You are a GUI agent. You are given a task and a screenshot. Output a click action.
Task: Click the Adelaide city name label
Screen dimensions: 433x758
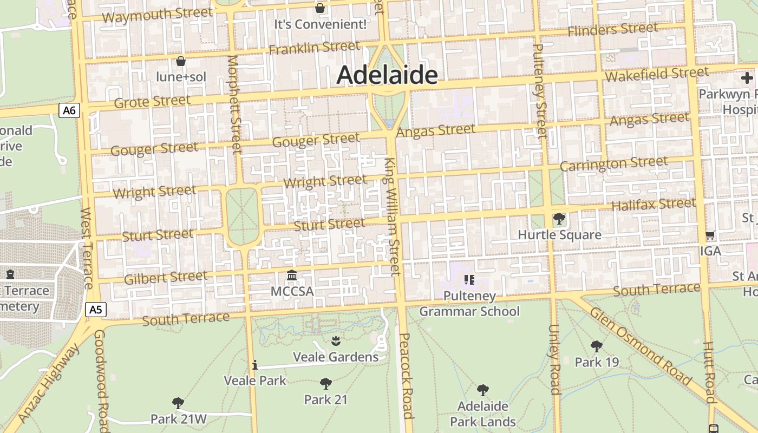tap(387, 75)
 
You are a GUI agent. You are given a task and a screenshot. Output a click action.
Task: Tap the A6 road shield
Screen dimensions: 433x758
tap(69, 111)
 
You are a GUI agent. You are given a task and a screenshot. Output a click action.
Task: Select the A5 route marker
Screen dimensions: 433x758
tap(96, 310)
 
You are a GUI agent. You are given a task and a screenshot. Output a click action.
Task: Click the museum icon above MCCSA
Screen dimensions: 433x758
tap(292, 275)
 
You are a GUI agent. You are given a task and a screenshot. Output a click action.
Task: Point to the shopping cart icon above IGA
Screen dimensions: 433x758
tap(710, 235)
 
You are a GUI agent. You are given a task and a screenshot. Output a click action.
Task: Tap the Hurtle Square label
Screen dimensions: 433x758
tap(559, 235)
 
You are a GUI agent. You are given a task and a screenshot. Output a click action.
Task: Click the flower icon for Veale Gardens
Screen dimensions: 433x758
tap(336, 340)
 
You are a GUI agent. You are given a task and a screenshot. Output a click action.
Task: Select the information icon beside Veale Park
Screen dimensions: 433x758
tap(254, 365)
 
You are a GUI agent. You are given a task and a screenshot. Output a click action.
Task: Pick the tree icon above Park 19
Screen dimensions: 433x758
tap(597, 346)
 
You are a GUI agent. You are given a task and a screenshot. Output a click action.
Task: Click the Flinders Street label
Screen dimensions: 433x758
tap(612, 29)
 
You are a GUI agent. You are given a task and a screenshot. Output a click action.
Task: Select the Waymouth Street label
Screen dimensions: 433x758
tap(157, 15)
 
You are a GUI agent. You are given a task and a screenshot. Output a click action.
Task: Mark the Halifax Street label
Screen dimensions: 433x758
tap(653, 205)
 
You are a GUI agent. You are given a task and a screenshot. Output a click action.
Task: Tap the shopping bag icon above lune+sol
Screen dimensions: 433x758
tap(181, 61)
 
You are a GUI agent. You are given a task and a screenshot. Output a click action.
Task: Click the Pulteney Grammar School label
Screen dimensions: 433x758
tap(469, 304)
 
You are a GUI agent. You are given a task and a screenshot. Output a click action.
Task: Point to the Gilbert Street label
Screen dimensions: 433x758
tap(166, 278)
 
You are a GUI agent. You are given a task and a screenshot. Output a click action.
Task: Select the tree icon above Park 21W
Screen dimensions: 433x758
tap(178, 403)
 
